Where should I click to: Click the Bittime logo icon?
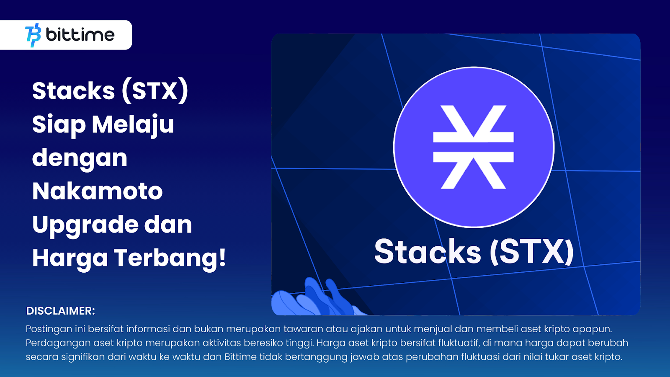(33, 35)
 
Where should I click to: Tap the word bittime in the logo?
(80, 35)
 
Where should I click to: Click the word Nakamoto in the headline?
(98, 191)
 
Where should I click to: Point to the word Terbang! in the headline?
(170, 258)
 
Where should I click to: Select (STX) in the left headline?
(155, 91)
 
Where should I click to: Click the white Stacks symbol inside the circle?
(474, 147)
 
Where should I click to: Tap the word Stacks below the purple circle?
(428, 251)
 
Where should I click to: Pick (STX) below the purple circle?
(532, 252)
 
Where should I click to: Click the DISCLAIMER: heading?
(60, 311)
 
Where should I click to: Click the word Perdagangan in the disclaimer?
(58, 343)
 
